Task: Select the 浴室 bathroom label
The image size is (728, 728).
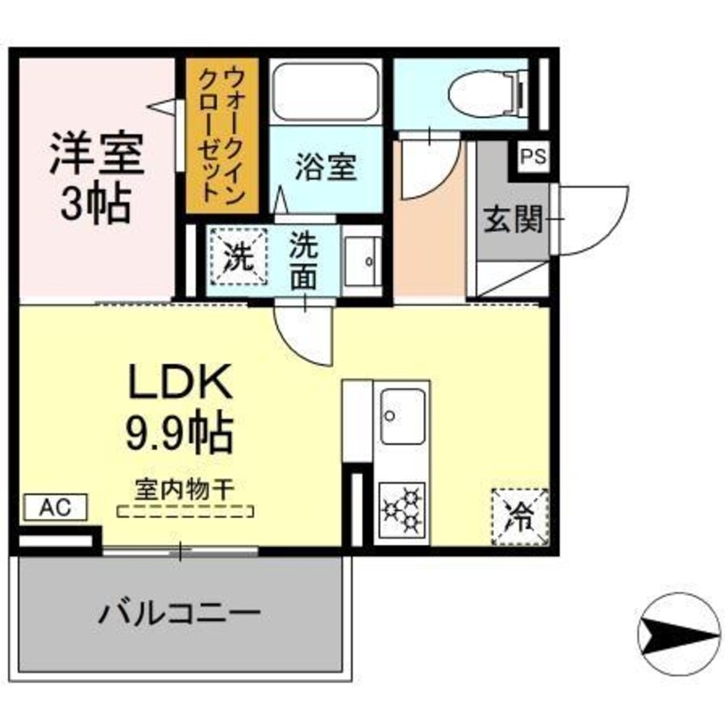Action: tap(326, 167)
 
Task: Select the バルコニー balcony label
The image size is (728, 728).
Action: tap(178, 614)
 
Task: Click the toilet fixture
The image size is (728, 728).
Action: tap(482, 88)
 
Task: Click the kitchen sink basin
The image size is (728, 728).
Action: tap(403, 416)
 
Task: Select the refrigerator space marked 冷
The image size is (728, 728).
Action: tap(520, 516)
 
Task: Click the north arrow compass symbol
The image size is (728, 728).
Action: tap(677, 636)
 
